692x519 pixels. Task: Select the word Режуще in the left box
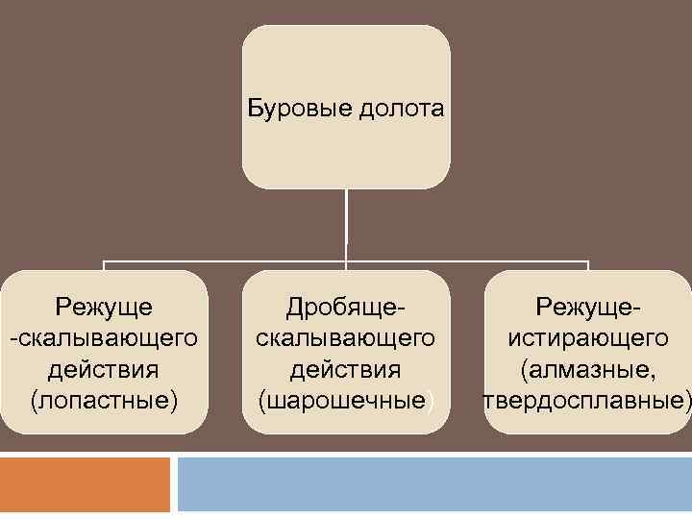click(x=104, y=307)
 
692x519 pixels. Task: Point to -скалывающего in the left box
click(x=104, y=338)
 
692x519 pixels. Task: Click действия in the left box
click(x=104, y=369)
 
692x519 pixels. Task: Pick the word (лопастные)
click(x=104, y=400)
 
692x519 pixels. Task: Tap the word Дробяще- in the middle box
click(x=346, y=307)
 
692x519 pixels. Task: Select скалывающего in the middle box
click(x=346, y=338)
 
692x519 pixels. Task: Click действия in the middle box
click(x=346, y=369)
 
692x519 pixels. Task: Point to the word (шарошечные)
click(x=346, y=400)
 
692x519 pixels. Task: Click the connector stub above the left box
click(x=104, y=265)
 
